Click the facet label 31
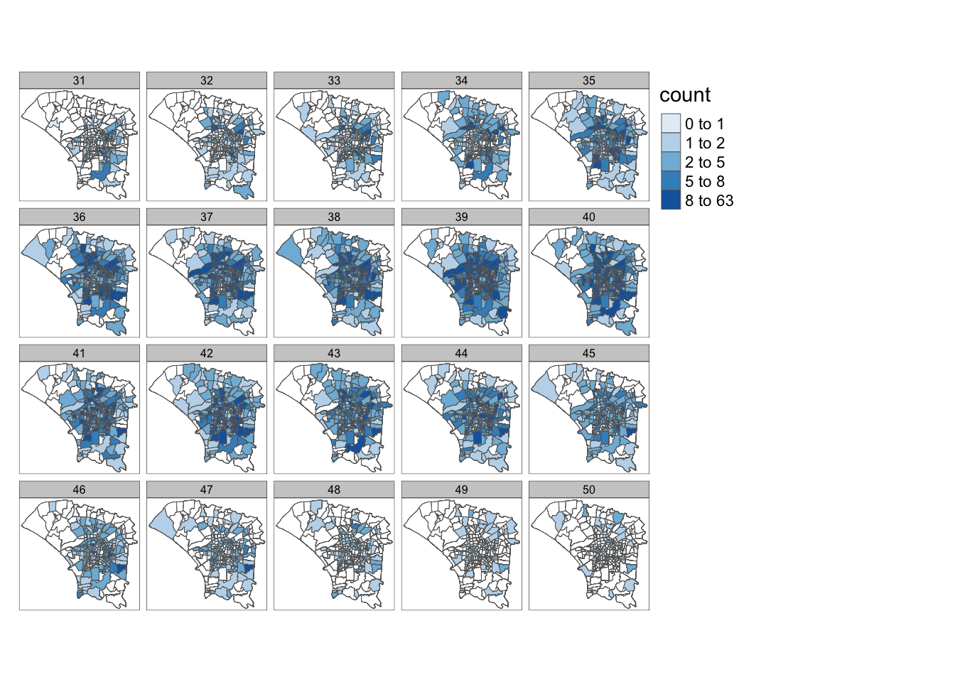click(79, 80)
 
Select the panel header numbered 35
click(589, 80)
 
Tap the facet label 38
click(334, 217)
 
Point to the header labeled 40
click(589, 217)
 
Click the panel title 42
click(207, 353)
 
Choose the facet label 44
click(462, 353)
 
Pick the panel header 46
click(79, 489)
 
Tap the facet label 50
click(589, 489)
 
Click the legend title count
click(685, 95)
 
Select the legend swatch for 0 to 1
click(671, 124)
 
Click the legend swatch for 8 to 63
click(671, 200)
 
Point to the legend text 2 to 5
click(705, 162)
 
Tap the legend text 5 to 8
click(705, 181)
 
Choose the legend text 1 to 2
click(705, 143)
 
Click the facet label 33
click(334, 80)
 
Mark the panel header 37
click(207, 217)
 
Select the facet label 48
click(334, 489)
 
